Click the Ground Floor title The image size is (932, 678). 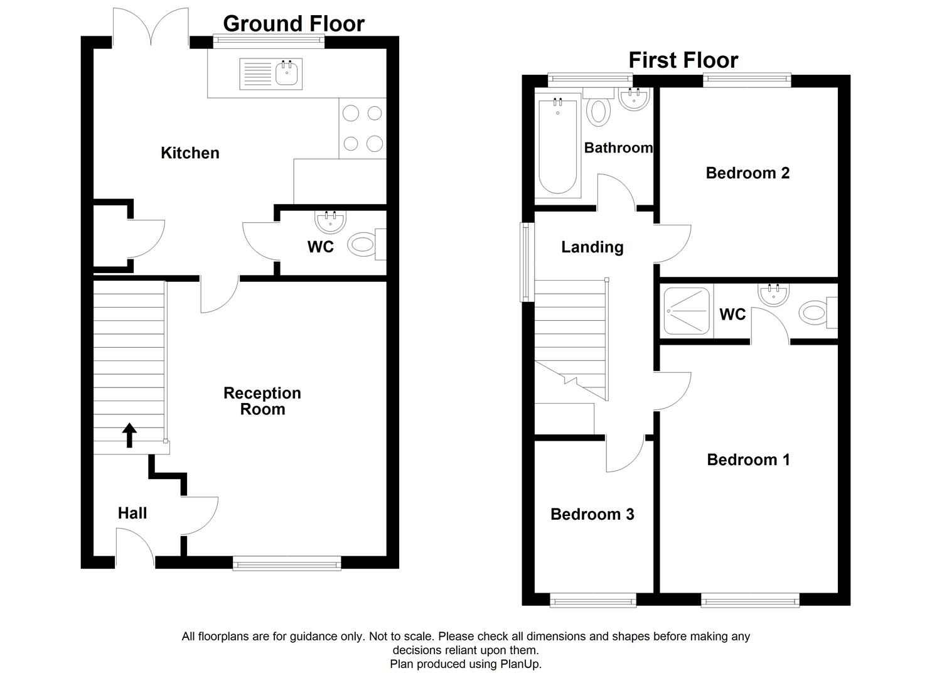[x=293, y=24]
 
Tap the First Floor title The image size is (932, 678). [x=683, y=60]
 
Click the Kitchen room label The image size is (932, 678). [x=190, y=153]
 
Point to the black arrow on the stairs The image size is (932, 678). [x=129, y=435]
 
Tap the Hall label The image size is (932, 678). [x=132, y=514]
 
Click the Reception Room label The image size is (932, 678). [x=262, y=401]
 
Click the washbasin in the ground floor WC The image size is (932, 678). [x=330, y=222]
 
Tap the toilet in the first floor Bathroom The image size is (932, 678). [x=599, y=110]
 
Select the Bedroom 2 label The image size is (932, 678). [x=747, y=173]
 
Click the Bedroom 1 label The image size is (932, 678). [x=748, y=460]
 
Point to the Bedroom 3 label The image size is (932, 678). [x=592, y=515]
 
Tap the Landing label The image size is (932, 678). [x=592, y=247]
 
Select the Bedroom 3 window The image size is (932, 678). [x=593, y=601]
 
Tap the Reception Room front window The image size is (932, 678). [x=287, y=563]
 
